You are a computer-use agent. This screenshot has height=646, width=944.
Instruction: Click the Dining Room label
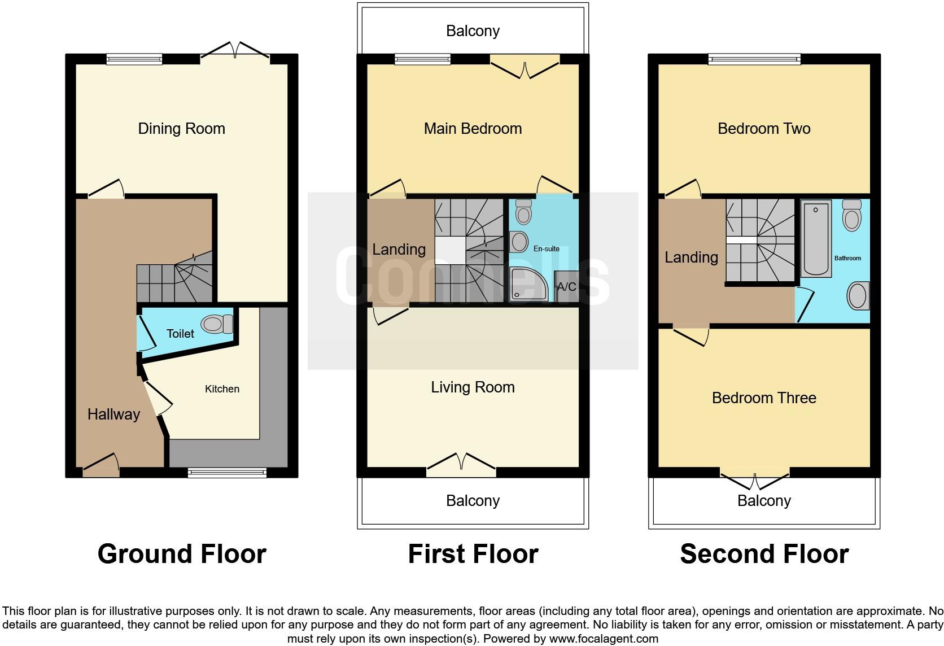tap(181, 129)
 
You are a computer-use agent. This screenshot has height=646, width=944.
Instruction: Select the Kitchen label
tap(222, 389)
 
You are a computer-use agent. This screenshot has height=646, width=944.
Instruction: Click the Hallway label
tap(113, 414)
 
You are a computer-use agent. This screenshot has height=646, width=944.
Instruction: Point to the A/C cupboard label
tap(566, 287)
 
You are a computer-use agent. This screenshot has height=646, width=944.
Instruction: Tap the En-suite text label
tap(547, 248)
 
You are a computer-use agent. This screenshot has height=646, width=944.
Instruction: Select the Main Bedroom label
tap(473, 129)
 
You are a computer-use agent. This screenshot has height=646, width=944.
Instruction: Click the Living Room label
tap(473, 387)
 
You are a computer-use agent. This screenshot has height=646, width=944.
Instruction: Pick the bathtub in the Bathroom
tap(816, 239)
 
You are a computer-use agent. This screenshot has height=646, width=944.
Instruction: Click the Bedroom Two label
tap(764, 129)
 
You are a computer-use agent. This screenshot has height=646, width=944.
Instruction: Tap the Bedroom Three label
tap(764, 398)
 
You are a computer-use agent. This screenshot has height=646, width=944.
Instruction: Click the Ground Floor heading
tap(182, 554)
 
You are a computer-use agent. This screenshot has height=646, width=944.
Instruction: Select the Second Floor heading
tap(764, 554)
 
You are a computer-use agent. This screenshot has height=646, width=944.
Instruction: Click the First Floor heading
tap(473, 554)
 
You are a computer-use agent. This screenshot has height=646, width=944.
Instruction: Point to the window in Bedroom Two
tap(755, 59)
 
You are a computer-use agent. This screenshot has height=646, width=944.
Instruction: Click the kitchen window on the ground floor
tap(227, 472)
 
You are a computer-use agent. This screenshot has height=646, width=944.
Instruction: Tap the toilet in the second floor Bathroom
tap(851, 215)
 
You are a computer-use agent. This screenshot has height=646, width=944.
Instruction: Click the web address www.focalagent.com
tap(603, 639)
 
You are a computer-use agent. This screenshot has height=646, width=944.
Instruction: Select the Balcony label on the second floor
tap(764, 501)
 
